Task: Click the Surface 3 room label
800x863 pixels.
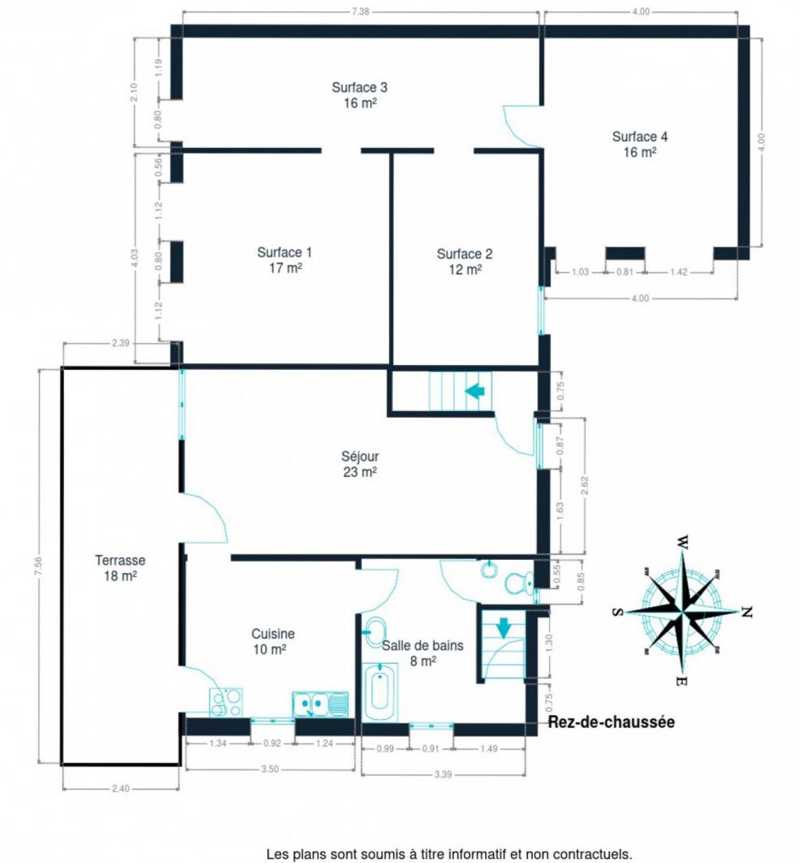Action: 359,95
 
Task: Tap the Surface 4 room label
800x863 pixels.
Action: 639,144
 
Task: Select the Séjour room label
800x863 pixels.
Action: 360,464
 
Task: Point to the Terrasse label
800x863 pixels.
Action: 120,568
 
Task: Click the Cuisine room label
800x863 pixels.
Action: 272,642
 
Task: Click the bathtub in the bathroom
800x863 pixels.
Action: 379,692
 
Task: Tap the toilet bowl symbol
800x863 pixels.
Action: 518,583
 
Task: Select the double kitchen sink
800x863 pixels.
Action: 320,705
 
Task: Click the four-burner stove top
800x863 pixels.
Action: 226,703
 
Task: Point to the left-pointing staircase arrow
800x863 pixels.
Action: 475,392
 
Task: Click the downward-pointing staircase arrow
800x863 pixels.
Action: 504,628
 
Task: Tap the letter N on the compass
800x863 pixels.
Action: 746,611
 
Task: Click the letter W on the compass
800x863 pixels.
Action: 682,542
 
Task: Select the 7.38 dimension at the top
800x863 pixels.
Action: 361,11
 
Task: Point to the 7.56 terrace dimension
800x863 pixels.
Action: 38,566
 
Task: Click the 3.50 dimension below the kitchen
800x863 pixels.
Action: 270,769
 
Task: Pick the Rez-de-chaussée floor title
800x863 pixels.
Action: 612,722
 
